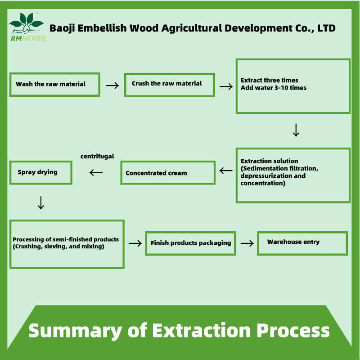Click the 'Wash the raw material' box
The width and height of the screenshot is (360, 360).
[x=54, y=84]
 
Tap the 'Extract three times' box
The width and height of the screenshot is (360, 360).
[x=293, y=86]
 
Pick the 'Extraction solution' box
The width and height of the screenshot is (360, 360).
[x=293, y=175]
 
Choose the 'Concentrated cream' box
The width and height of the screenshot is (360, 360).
[x=167, y=173]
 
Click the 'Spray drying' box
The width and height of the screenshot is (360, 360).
[x=40, y=172]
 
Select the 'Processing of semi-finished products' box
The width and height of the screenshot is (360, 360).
[x=67, y=243]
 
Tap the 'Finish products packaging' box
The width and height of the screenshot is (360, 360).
[x=190, y=243]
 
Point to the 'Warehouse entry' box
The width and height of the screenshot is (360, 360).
[x=302, y=243]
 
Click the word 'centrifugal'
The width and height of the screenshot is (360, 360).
[x=97, y=157]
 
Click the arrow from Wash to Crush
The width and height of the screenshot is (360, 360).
[x=112, y=85]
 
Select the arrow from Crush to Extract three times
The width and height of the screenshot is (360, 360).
[x=226, y=85]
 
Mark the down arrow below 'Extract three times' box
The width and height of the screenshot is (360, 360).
[x=296, y=130]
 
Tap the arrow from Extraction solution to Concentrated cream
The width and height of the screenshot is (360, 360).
[x=226, y=171]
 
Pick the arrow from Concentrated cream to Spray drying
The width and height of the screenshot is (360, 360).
[x=96, y=172]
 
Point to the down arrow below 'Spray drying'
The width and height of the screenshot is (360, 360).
[x=40, y=203]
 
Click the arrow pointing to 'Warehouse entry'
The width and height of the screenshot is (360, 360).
[x=247, y=243]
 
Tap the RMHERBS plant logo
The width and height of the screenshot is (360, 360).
[x=27, y=25]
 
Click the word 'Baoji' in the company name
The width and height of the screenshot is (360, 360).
[x=62, y=28]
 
